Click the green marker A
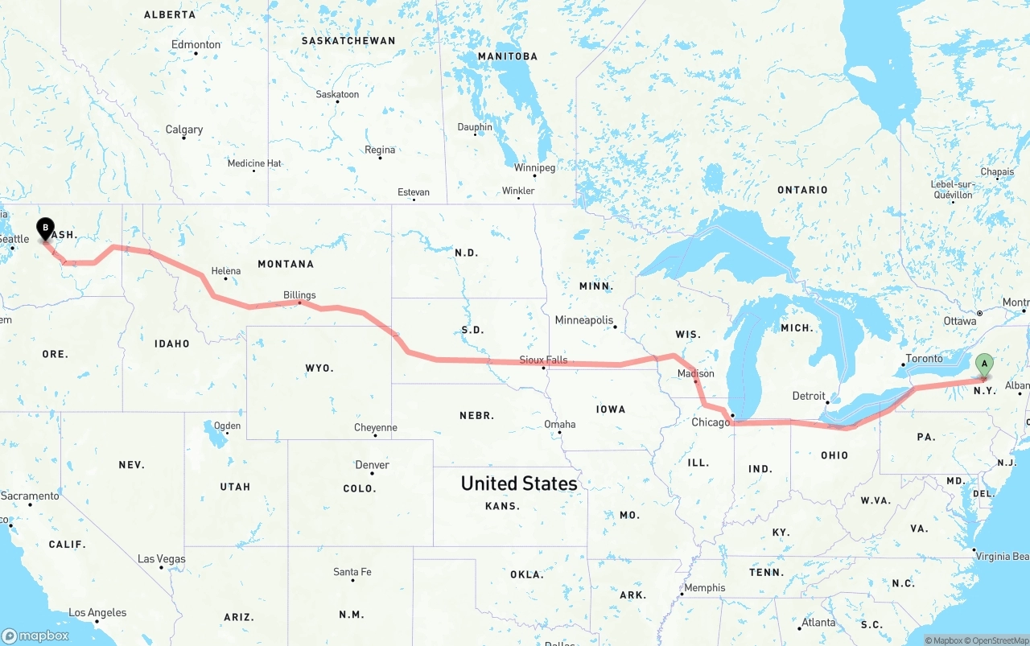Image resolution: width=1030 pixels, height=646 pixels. [x=983, y=365]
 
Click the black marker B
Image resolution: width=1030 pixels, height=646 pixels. [x=46, y=229]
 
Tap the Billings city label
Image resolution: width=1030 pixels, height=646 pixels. [x=299, y=295]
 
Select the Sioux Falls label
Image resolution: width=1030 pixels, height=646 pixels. [x=543, y=360]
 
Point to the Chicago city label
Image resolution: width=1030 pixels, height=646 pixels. [x=711, y=422]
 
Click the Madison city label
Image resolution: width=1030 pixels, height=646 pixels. [x=696, y=373]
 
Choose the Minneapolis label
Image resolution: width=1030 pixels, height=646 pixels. [x=583, y=320]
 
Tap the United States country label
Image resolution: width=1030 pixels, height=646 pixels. [x=519, y=483]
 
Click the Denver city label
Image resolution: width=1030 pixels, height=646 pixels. [x=372, y=465]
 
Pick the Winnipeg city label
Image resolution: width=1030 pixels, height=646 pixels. [x=535, y=168]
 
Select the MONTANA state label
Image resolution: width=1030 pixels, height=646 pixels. [x=286, y=264]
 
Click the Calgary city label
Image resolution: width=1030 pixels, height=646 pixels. [x=184, y=130]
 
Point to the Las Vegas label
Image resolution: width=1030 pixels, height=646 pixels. [x=161, y=559]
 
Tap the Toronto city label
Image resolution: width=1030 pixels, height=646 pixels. [x=924, y=359]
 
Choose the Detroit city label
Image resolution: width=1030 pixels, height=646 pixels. [x=809, y=396]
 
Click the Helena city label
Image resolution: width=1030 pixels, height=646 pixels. [x=225, y=271]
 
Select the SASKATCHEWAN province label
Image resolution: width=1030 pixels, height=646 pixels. [x=348, y=40]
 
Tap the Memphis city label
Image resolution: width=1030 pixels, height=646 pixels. [x=704, y=588]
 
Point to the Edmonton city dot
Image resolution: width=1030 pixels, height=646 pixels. [x=196, y=54]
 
